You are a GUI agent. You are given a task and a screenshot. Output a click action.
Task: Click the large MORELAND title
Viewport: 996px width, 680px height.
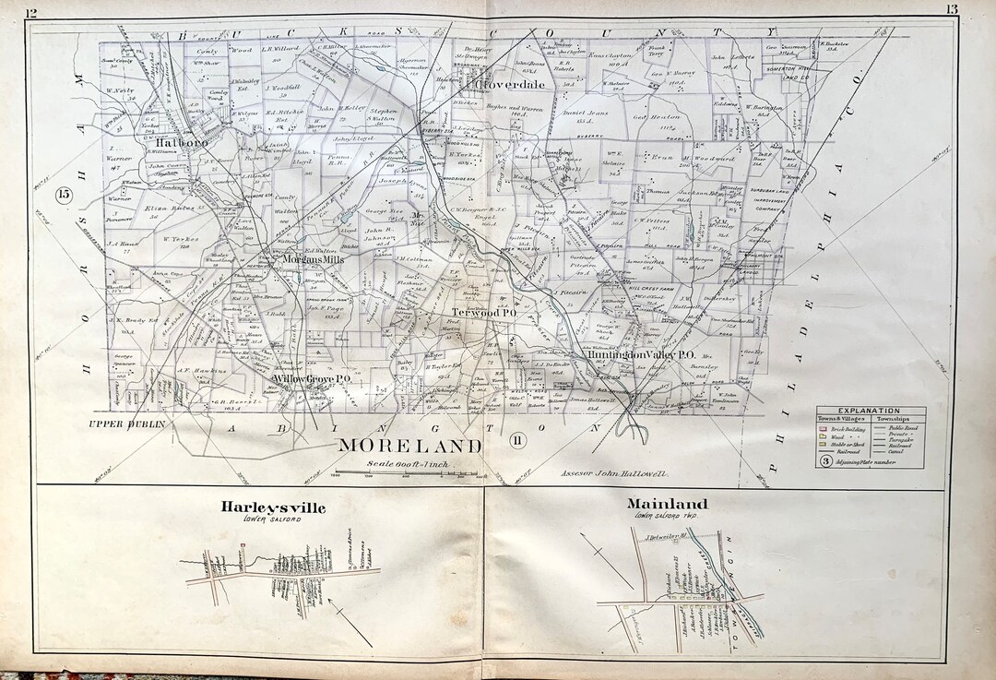click(x=410, y=446)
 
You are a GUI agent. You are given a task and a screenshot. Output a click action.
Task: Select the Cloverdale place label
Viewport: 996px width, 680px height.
click(x=510, y=85)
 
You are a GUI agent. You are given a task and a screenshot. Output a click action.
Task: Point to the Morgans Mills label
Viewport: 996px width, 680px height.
click(x=314, y=259)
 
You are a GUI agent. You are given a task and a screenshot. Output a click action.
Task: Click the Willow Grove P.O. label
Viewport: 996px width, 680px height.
click(x=309, y=379)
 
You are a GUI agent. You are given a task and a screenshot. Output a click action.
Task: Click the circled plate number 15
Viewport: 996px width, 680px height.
click(x=64, y=195)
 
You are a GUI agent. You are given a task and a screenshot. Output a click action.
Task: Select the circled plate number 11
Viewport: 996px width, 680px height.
click(x=516, y=439)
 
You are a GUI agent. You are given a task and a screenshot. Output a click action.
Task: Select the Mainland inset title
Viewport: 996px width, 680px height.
click(x=667, y=504)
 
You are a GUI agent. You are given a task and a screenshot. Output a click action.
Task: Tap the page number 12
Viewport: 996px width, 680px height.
click(x=32, y=11)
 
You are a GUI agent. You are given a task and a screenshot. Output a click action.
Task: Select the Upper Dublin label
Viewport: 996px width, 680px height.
click(x=119, y=424)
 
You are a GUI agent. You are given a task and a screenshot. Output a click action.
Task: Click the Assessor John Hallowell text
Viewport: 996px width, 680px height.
click(x=614, y=473)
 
